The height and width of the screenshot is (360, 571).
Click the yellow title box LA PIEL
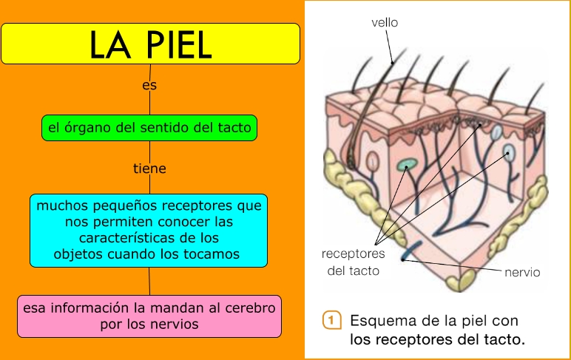[x=150, y=43]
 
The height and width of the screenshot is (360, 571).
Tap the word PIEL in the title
[x=182, y=45]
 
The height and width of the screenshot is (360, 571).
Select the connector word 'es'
[x=149, y=85]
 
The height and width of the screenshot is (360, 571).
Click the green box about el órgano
[x=150, y=129]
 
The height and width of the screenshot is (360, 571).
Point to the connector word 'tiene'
[x=149, y=169]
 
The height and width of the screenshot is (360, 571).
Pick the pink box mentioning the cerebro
[x=149, y=316]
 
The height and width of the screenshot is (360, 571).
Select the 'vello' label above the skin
[x=385, y=23]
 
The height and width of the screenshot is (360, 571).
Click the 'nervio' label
[x=522, y=272]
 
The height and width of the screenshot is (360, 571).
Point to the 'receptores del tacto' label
[x=354, y=262]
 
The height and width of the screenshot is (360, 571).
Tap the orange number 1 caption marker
[x=332, y=321]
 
